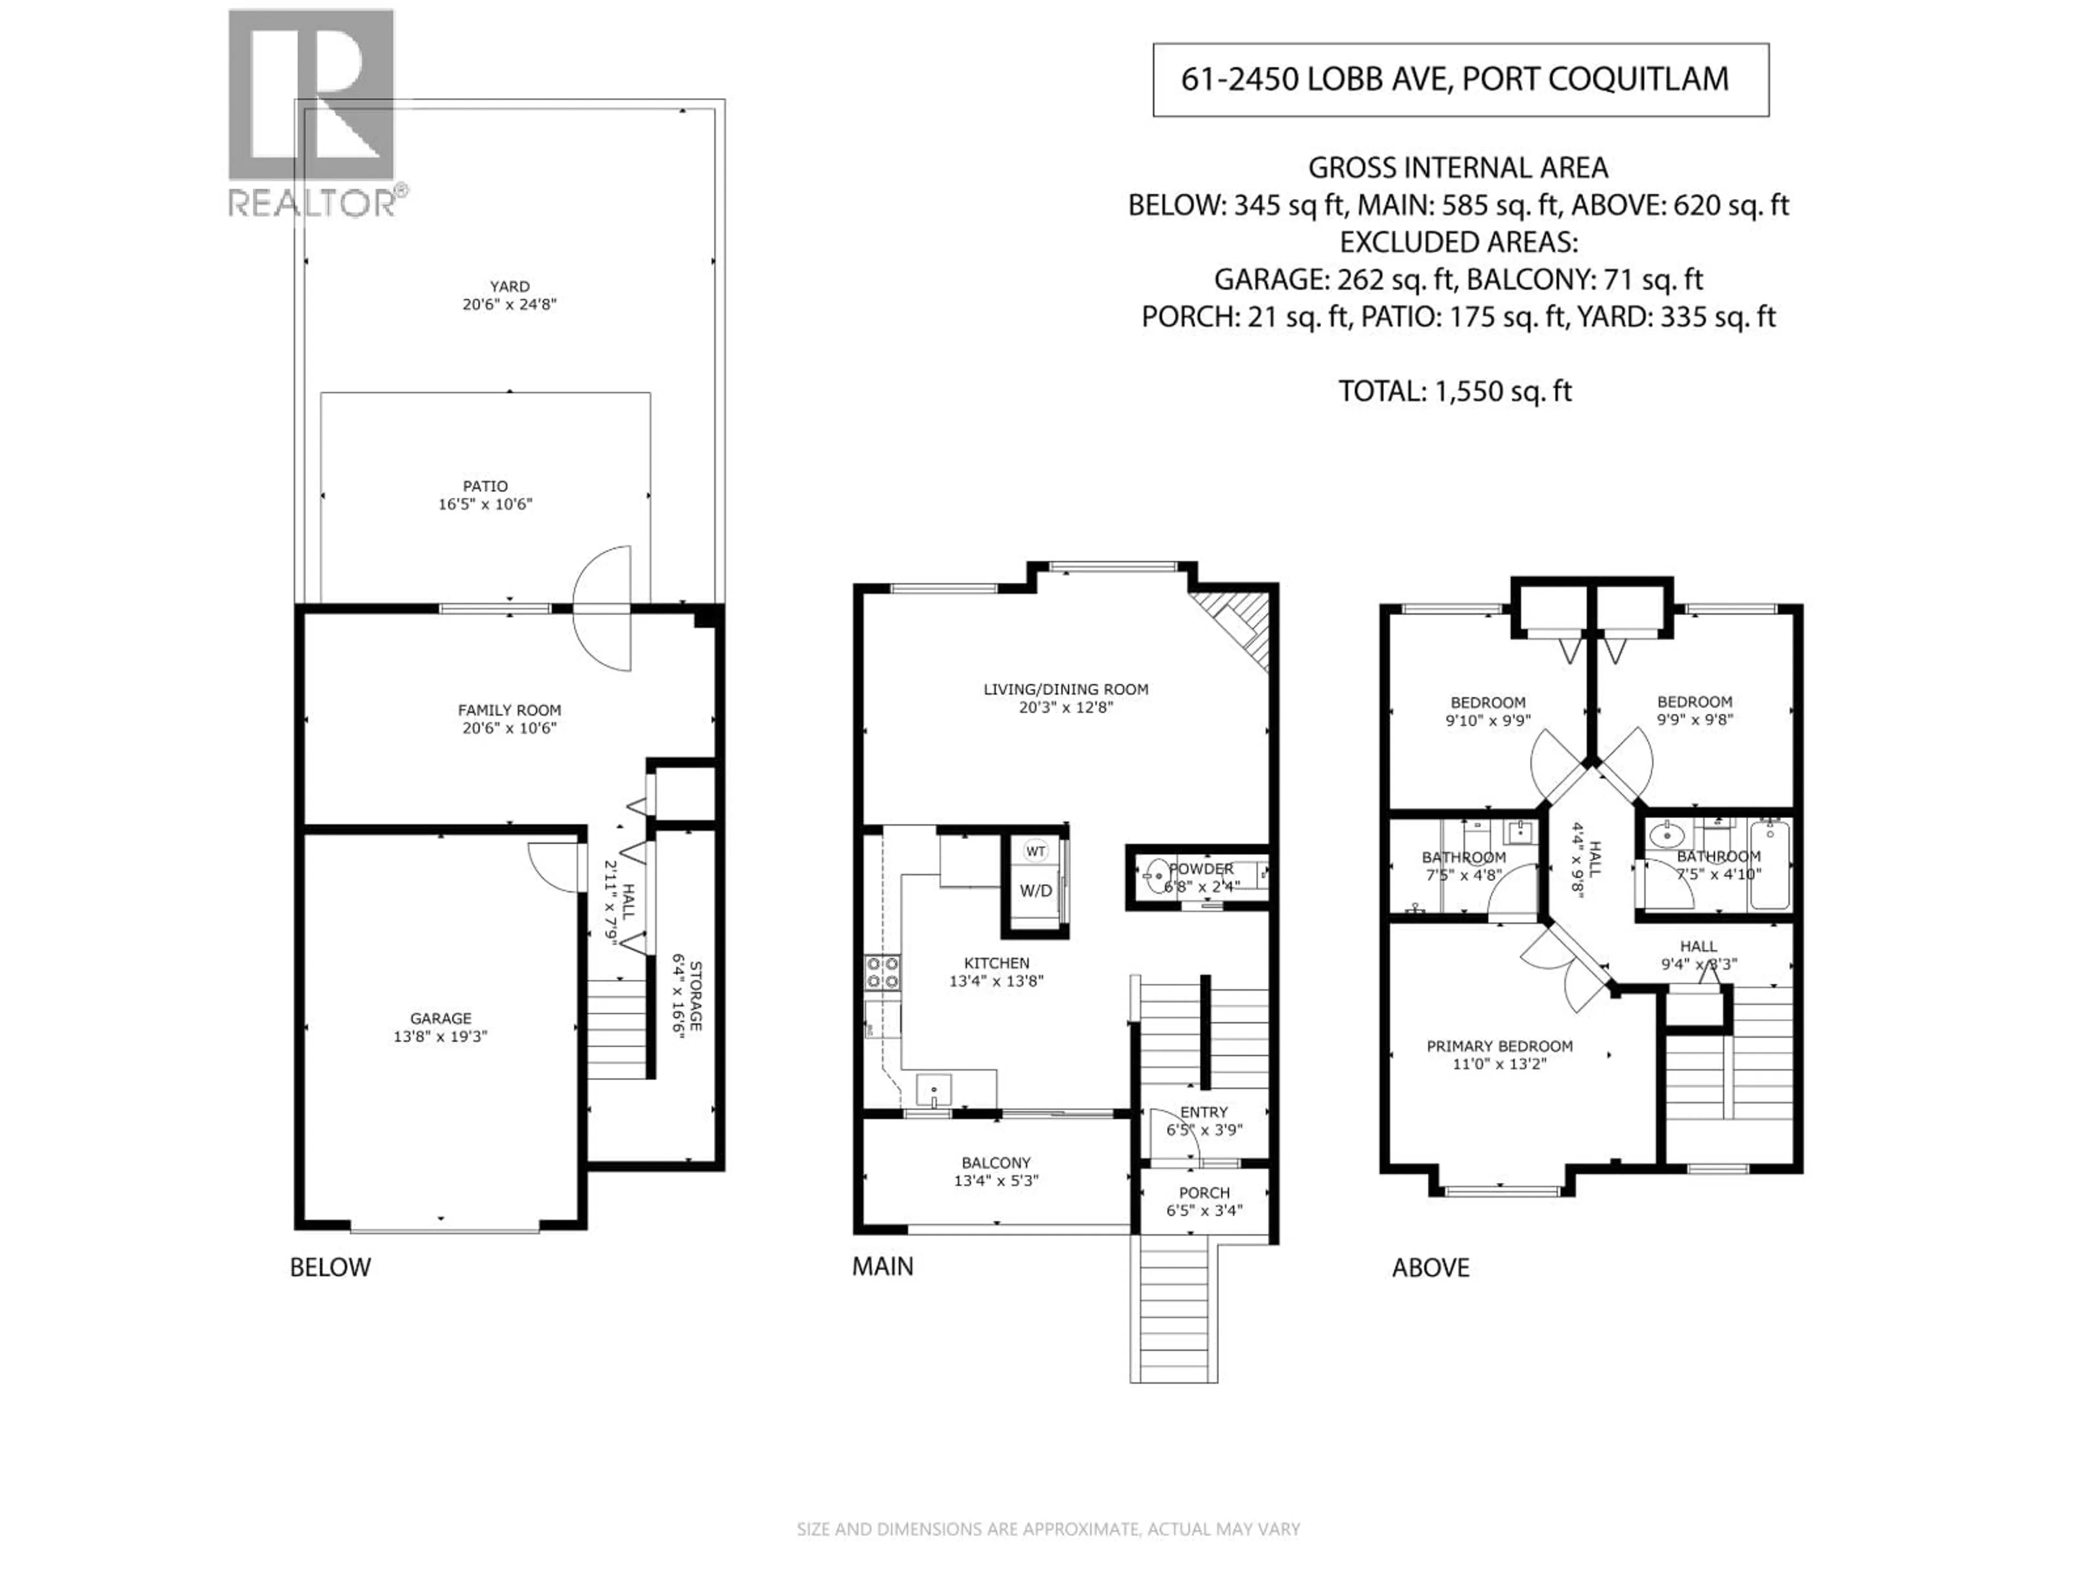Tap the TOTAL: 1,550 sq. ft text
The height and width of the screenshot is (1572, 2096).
point(1455,391)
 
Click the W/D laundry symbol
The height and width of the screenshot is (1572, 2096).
point(1035,891)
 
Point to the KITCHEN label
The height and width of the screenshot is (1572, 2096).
point(996,963)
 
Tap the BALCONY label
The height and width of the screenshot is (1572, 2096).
point(996,1163)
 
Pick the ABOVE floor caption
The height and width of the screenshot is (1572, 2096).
point(1430,1268)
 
